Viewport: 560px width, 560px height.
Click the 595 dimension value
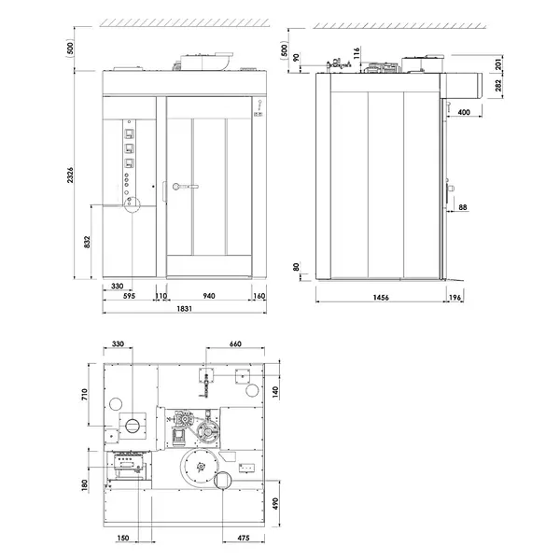[131, 296]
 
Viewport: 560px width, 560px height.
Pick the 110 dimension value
[161, 296]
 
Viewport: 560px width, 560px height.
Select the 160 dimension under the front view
[259, 296]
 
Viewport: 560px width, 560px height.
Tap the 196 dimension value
[455, 298]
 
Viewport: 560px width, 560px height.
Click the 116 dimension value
[357, 50]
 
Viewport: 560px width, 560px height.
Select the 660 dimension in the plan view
[235, 344]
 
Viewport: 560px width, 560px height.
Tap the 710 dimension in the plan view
[85, 396]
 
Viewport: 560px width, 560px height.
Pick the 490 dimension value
[277, 503]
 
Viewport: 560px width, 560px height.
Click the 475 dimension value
[242, 539]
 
